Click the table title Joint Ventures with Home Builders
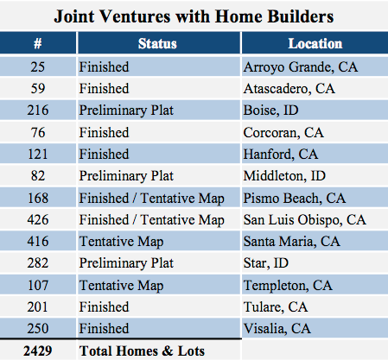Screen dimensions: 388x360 194,16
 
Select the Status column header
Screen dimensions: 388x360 157,43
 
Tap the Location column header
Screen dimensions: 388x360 315,43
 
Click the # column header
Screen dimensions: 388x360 38,43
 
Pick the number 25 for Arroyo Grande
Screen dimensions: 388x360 38,66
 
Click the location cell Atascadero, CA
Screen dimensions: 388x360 289,88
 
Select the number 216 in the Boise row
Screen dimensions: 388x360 38,111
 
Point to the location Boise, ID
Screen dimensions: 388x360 270,111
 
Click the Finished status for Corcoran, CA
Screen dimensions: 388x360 104,132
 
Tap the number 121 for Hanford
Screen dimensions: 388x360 38,154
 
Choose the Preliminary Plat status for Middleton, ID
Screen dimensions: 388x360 126,176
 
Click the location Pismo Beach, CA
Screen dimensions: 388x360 295,198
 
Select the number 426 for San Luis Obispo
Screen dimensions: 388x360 38,219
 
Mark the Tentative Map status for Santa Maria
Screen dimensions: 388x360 121,242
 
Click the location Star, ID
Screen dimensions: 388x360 265,263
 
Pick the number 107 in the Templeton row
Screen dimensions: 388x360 38,285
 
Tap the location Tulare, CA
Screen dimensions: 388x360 276,306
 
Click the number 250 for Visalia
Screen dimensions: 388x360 38,328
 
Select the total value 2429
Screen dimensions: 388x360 38,351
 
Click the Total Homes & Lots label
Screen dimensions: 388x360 142,351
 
